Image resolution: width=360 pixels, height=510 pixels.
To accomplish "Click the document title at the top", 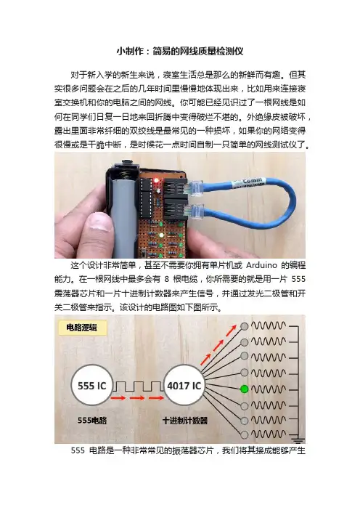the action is [x=180, y=51].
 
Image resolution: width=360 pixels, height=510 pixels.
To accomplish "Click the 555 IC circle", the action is [x=91, y=386].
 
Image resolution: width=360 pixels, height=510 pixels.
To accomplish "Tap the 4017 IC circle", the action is [x=184, y=386].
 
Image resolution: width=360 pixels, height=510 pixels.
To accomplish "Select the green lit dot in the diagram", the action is [x=245, y=389].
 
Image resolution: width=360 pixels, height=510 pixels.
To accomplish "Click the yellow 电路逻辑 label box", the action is [x=82, y=328].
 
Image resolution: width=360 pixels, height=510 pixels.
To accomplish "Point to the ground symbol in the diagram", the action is [x=298, y=440].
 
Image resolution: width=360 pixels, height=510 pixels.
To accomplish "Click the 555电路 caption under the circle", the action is [x=92, y=420].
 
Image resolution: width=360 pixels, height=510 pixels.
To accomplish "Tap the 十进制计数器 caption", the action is [x=185, y=420].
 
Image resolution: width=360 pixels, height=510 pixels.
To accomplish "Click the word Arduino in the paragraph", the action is [x=261, y=265].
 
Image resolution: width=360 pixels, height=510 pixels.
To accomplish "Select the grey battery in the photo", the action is [x=123, y=215].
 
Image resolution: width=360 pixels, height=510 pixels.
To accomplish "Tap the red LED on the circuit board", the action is [x=157, y=179].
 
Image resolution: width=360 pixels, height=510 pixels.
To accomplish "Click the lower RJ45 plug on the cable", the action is [x=196, y=211].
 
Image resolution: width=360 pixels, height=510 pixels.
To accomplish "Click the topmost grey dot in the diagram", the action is [x=245, y=326].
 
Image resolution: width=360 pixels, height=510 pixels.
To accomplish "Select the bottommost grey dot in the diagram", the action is [x=245, y=434].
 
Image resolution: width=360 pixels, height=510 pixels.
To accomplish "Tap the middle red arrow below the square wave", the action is [x=137, y=398].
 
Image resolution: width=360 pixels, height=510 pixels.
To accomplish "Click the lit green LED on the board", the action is [x=161, y=235].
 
